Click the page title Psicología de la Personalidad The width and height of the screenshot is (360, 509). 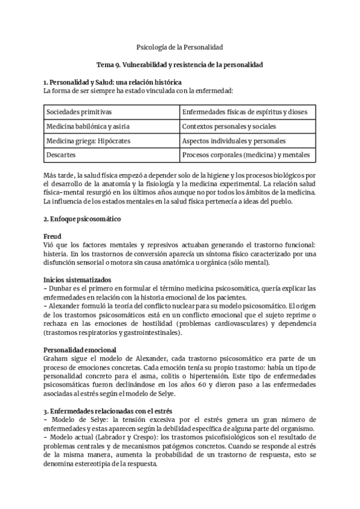pyautogui.click(x=179, y=46)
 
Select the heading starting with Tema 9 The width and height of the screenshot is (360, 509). pyautogui.click(x=179, y=64)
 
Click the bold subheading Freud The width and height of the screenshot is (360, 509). pyautogui.click(x=53, y=237)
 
